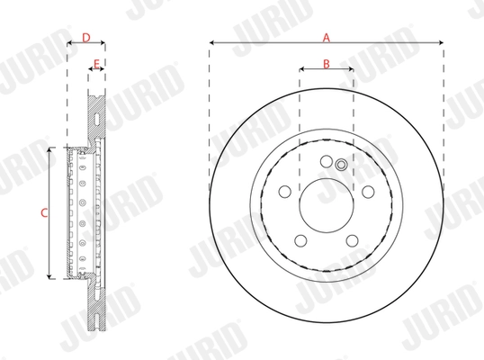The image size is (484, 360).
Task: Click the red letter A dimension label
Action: pos(327,37)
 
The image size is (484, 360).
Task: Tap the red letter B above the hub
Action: pos(327,62)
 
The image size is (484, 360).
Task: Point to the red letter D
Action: pos(85,38)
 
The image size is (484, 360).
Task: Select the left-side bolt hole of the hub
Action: pos(284,191)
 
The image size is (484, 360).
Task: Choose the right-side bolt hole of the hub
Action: pos(367,191)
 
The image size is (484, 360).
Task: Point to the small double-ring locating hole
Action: pos(341,165)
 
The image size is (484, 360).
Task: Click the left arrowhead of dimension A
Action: pos(211,42)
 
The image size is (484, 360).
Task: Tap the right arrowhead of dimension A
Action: pos(442,42)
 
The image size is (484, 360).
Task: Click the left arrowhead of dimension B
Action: pos(301,68)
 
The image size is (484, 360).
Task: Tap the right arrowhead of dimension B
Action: pos(351,68)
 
